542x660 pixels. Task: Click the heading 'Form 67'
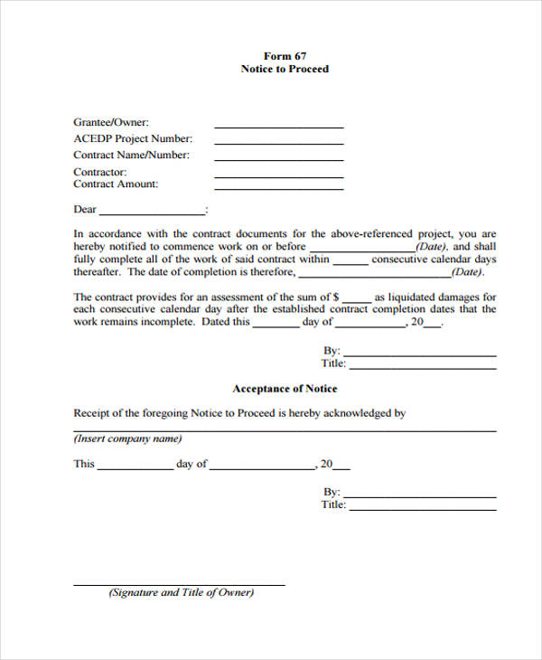(x=285, y=55)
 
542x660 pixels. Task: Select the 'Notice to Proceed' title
(x=285, y=69)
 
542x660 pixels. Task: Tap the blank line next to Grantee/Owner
(x=278, y=127)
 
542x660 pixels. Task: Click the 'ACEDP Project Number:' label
(x=133, y=138)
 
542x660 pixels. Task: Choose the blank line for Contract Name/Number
(x=278, y=159)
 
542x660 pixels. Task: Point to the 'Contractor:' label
(x=100, y=172)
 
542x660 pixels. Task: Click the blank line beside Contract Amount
(x=278, y=188)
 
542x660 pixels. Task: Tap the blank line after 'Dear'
(x=151, y=213)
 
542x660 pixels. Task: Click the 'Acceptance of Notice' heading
(x=285, y=389)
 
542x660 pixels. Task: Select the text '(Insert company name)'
(x=127, y=439)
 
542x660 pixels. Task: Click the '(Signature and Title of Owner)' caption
(x=182, y=593)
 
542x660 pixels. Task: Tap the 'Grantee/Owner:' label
(x=111, y=122)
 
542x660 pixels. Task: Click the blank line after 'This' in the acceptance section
(x=134, y=469)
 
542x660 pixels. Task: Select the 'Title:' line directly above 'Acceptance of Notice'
(x=422, y=367)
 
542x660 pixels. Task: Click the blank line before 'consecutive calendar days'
(x=350, y=263)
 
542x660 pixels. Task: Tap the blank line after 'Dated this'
(x=276, y=326)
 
